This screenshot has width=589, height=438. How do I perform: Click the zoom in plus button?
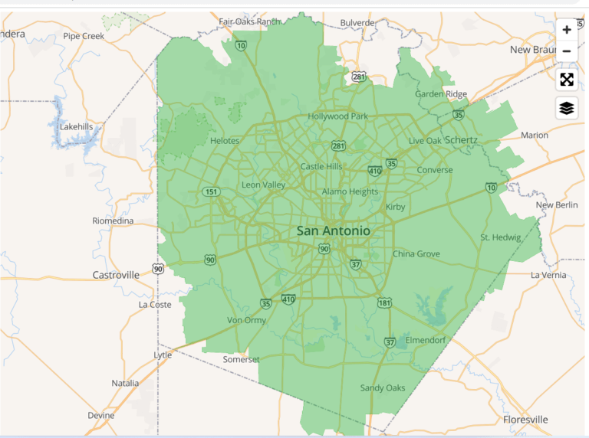(x=567, y=30)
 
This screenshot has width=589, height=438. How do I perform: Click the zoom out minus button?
(x=567, y=51)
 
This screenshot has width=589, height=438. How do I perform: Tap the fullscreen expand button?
(x=567, y=80)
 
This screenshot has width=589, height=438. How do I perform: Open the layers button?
(x=567, y=108)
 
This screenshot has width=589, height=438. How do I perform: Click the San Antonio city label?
(x=334, y=230)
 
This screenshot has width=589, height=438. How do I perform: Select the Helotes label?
(x=225, y=141)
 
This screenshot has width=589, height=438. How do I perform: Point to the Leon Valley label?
(x=263, y=185)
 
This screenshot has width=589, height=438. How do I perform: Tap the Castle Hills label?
(x=321, y=166)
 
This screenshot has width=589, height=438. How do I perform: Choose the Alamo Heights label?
(x=350, y=191)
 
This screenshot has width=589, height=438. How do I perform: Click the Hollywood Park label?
(x=338, y=116)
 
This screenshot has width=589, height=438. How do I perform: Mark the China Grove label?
(x=416, y=253)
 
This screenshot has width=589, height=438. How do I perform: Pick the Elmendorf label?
(x=425, y=340)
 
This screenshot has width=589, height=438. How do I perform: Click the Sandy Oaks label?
(x=383, y=388)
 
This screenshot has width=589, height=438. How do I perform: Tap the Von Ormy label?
(x=246, y=320)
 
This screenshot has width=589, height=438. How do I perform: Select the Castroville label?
(x=116, y=274)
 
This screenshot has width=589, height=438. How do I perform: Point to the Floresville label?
(x=525, y=420)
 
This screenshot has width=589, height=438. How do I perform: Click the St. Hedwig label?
(x=501, y=237)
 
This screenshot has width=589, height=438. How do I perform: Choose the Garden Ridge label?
(x=441, y=94)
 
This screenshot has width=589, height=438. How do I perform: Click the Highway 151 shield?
(x=210, y=191)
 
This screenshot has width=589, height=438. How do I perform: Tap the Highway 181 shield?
(x=385, y=303)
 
